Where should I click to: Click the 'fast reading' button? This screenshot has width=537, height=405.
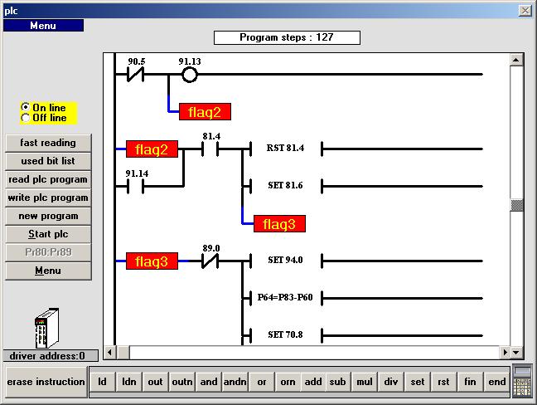click(48, 143)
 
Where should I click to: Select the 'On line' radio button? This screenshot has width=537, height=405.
click(26, 107)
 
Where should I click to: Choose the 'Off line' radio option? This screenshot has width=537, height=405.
click(26, 118)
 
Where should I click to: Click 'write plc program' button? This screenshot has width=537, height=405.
click(48, 198)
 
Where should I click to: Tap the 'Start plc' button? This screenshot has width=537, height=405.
click(48, 234)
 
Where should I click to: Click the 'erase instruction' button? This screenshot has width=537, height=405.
click(46, 382)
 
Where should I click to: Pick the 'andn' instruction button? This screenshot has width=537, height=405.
click(235, 382)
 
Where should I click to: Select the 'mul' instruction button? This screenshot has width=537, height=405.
click(365, 382)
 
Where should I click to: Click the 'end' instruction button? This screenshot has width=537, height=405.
click(496, 382)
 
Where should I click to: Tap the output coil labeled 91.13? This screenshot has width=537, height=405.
click(190, 75)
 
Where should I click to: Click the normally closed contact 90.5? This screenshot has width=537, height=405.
click(136, 75)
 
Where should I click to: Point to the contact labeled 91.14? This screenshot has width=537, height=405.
click(136, 187)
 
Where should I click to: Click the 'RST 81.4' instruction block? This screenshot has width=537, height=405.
click(286, 149)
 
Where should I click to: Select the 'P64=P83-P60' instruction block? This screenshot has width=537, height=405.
click(286, 298)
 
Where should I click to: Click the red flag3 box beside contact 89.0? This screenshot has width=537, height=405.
click(152, 261)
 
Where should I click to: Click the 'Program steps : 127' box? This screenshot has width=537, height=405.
click(287, 37)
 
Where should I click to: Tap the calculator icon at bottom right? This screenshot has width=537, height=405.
click(522, 381)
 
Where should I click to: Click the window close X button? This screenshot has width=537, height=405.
click(525, 11)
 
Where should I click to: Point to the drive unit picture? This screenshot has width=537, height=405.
click(47, 328)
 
